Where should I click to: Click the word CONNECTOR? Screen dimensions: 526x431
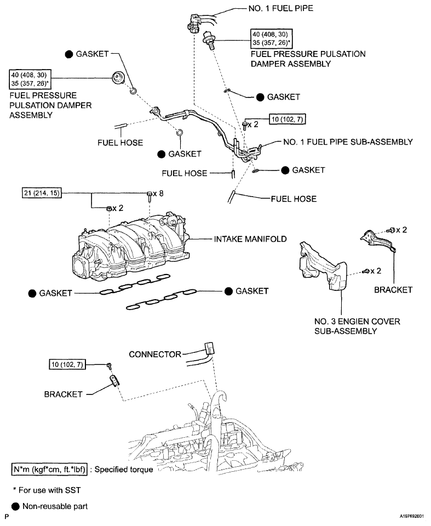point(154,355)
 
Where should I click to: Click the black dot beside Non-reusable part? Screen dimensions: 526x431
point(15,506)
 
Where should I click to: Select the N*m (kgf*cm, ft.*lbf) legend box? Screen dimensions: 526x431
point(50,470)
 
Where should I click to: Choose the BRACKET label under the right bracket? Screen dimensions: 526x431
point(393,290)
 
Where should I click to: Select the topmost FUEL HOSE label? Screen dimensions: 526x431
point(120,142)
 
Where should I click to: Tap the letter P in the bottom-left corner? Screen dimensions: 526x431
point(7,517)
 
